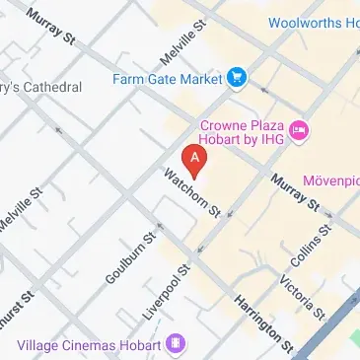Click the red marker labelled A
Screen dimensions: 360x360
click(195, 157)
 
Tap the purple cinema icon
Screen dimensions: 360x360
click(176, 344)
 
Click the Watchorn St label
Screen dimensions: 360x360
click(193, 194)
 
